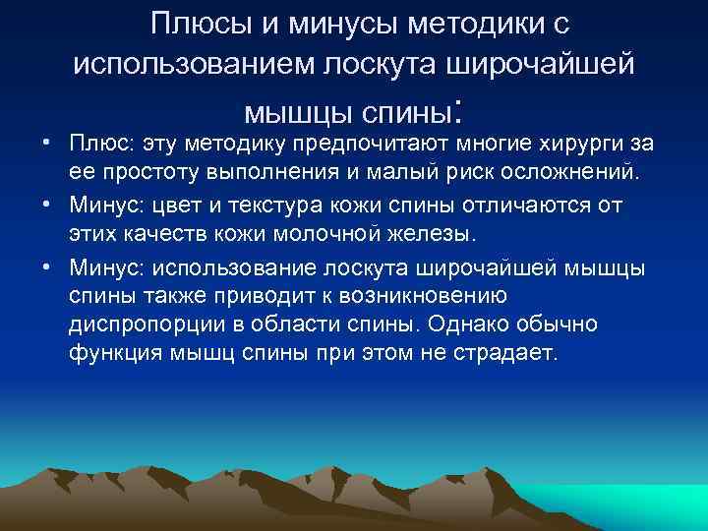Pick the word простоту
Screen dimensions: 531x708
(171, 174)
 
